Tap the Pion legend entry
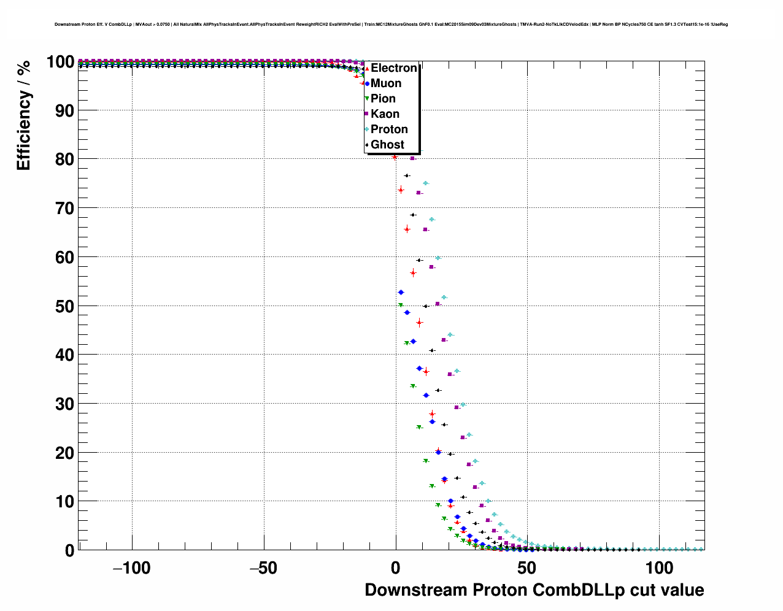point(383,99)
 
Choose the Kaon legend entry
point(385,114)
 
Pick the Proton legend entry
point(389,129)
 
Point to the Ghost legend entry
point(387,145)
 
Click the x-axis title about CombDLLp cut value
point(534,590)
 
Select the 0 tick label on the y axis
point(69,550)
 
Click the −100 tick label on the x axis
point(131,568)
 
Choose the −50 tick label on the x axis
point(263,568)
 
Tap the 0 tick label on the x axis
point(396,568)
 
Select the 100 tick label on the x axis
point(660,568)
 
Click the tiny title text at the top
point(391,25)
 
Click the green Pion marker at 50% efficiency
point(401,305)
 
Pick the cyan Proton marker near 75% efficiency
point(425,183)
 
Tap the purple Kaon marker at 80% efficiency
point(412,158)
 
